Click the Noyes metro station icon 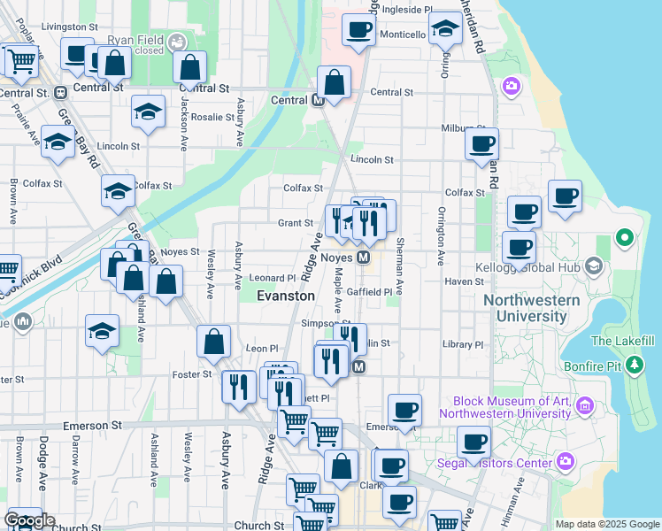[363, 258]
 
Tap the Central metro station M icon [319, 100]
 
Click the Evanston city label [285, 296]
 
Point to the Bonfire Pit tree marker [634, 364]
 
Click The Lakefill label [623, 341]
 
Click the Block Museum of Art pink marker [584, 406]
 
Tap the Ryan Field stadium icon [177, 41]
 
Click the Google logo [29, 521]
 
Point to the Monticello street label [403, 34]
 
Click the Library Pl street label [465, 344]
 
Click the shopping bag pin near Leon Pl [214, 342]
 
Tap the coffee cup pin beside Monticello [359, 30]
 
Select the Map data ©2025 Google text [606, 524]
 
